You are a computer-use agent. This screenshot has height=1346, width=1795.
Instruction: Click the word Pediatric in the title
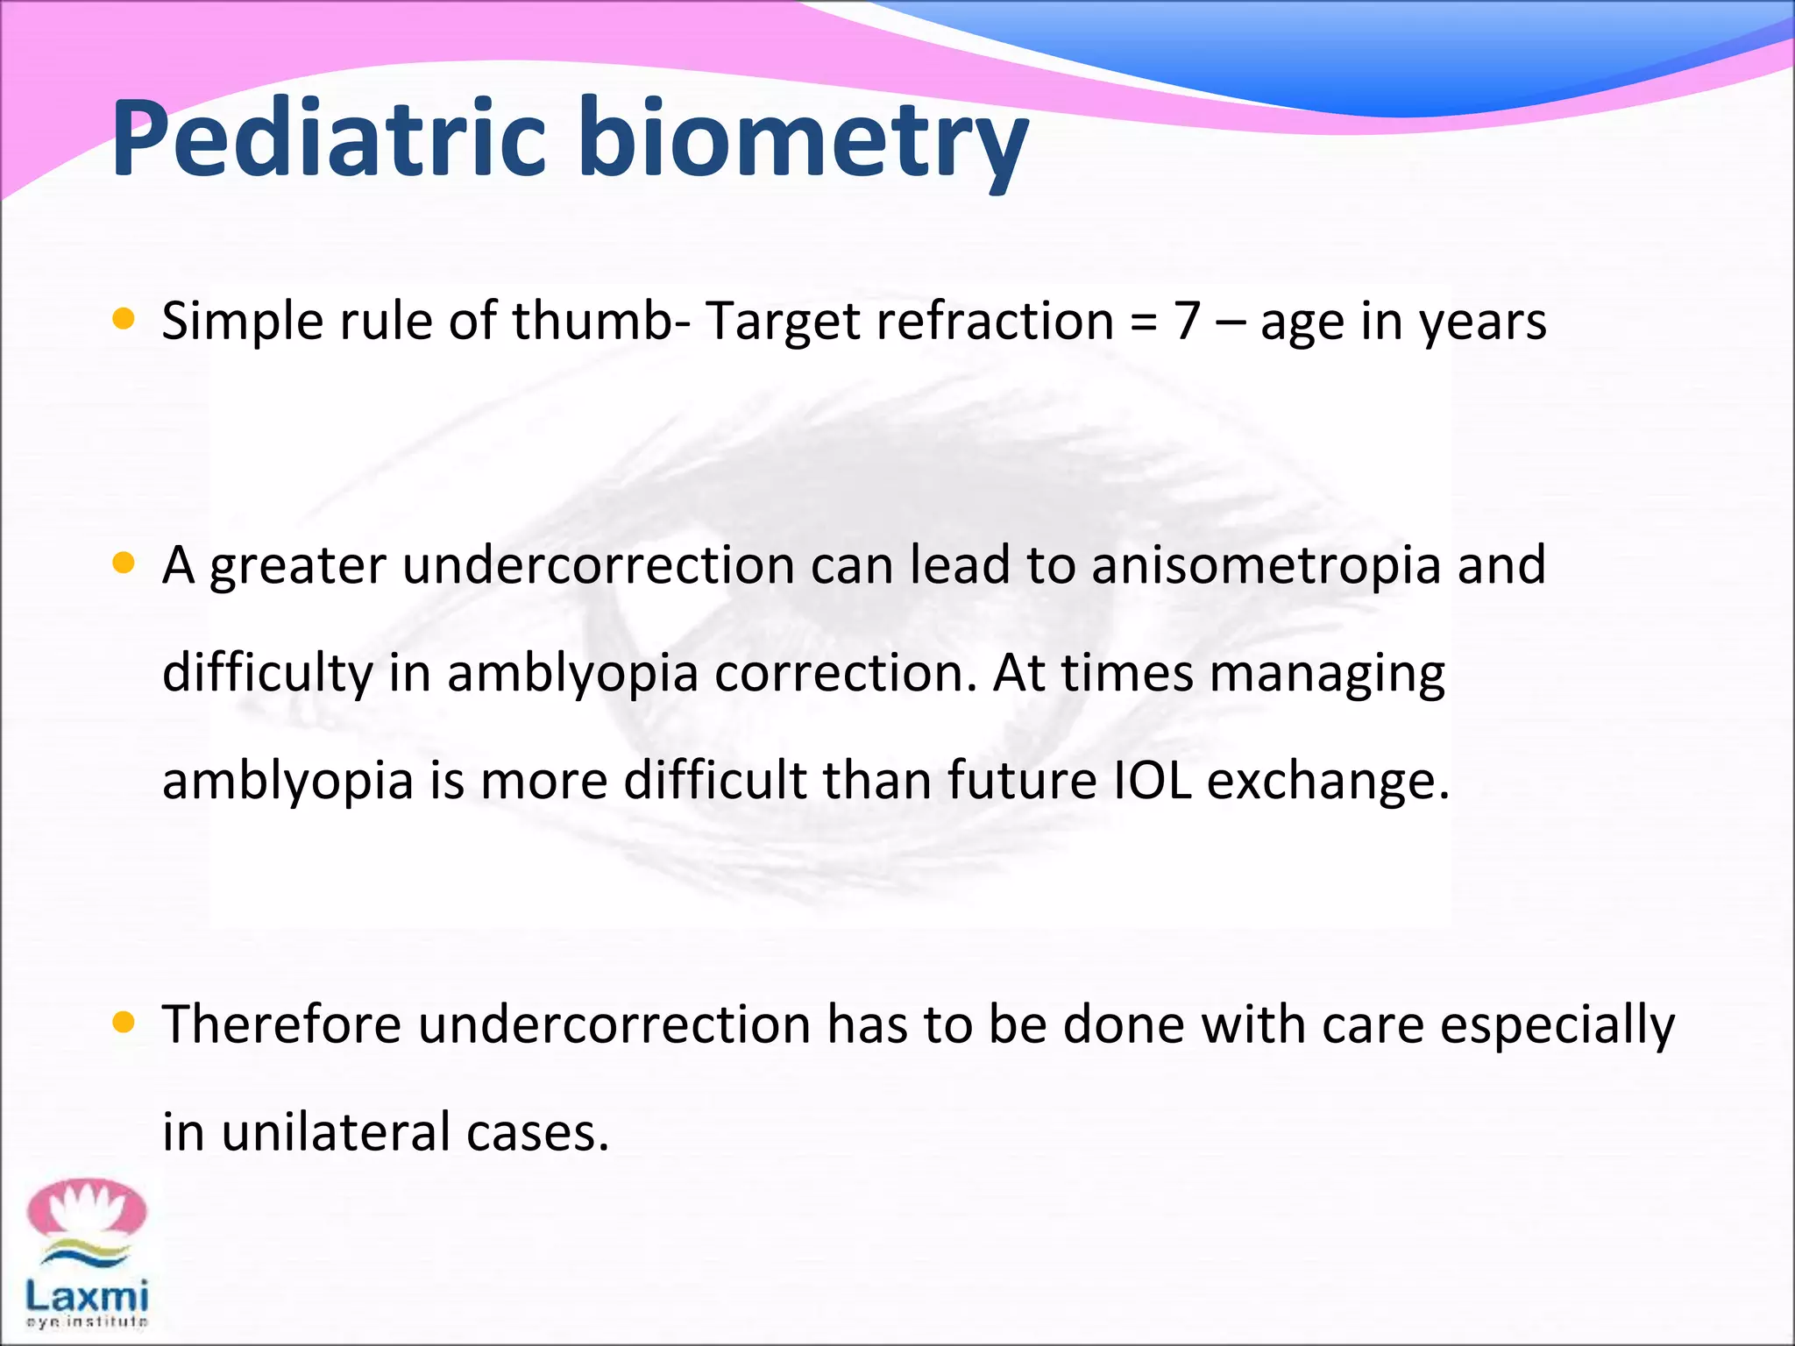pos(330,138)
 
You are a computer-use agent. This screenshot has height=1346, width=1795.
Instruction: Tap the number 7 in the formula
pos(1187,321)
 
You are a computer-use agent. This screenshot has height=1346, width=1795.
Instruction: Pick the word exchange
pos(1328,783)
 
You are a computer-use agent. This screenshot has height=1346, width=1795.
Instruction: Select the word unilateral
pos(336,1131)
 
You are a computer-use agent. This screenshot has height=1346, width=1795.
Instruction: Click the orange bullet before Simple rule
pos(124,320)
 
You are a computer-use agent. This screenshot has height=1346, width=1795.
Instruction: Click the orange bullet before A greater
pos(124,563)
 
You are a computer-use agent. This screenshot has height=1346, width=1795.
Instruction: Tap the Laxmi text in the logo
pos(87,1294)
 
